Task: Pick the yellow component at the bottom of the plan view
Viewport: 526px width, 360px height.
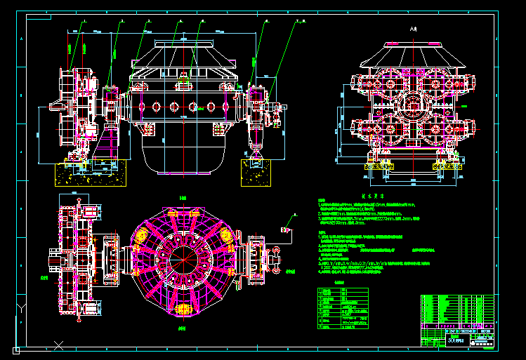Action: (185, 307)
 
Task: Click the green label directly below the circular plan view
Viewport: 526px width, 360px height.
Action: (183, 328)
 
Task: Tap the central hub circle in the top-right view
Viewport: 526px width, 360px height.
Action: (412, 106)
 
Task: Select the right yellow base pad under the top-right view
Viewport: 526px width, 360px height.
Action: (448, 167)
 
